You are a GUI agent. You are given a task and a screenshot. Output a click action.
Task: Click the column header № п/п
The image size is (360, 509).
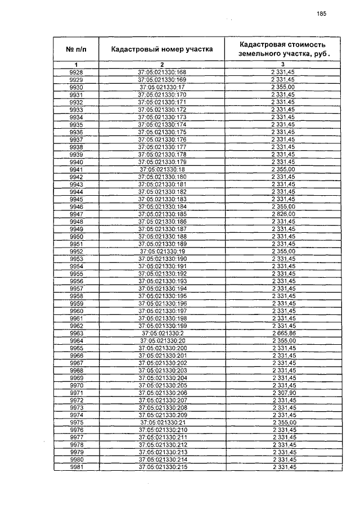point(76,49)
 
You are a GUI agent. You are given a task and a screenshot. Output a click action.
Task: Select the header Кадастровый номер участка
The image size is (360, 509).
point(162,49)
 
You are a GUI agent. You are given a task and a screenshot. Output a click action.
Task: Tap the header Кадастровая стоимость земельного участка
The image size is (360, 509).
point(282,49)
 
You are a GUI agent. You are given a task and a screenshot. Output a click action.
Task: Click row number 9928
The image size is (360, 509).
point(76,73)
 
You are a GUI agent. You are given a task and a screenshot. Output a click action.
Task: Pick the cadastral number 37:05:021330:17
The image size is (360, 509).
point(162,87)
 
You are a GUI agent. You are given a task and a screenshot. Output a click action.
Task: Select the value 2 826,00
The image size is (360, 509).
point(282,214)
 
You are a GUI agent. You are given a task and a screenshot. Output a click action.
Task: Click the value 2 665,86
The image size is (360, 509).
point(282,333)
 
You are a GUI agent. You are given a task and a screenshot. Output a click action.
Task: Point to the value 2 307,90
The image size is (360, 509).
point(282,393)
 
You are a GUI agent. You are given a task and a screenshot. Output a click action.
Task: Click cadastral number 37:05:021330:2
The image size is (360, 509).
point(162,333)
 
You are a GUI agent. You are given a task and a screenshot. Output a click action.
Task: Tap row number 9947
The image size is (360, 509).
point(76,214)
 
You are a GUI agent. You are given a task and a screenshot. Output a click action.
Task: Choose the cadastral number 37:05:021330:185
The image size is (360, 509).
point(162,214)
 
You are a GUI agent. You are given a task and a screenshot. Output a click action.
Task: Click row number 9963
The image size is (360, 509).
point(76,333)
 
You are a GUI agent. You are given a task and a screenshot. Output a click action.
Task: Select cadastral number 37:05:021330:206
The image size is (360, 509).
point(162,393)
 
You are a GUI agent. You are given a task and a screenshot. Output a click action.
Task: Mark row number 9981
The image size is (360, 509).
point(76,467)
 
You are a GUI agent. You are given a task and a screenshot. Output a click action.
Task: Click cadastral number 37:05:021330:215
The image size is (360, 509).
point(162,467)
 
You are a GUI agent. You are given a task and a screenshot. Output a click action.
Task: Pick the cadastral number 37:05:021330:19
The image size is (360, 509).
point(162,251)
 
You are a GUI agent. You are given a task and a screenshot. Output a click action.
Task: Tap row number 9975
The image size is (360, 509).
point(76,422)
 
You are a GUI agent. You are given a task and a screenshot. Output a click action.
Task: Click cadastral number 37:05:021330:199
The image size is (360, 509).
point(162,326)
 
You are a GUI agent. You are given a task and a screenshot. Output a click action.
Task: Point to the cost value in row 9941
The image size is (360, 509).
point(282,169)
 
